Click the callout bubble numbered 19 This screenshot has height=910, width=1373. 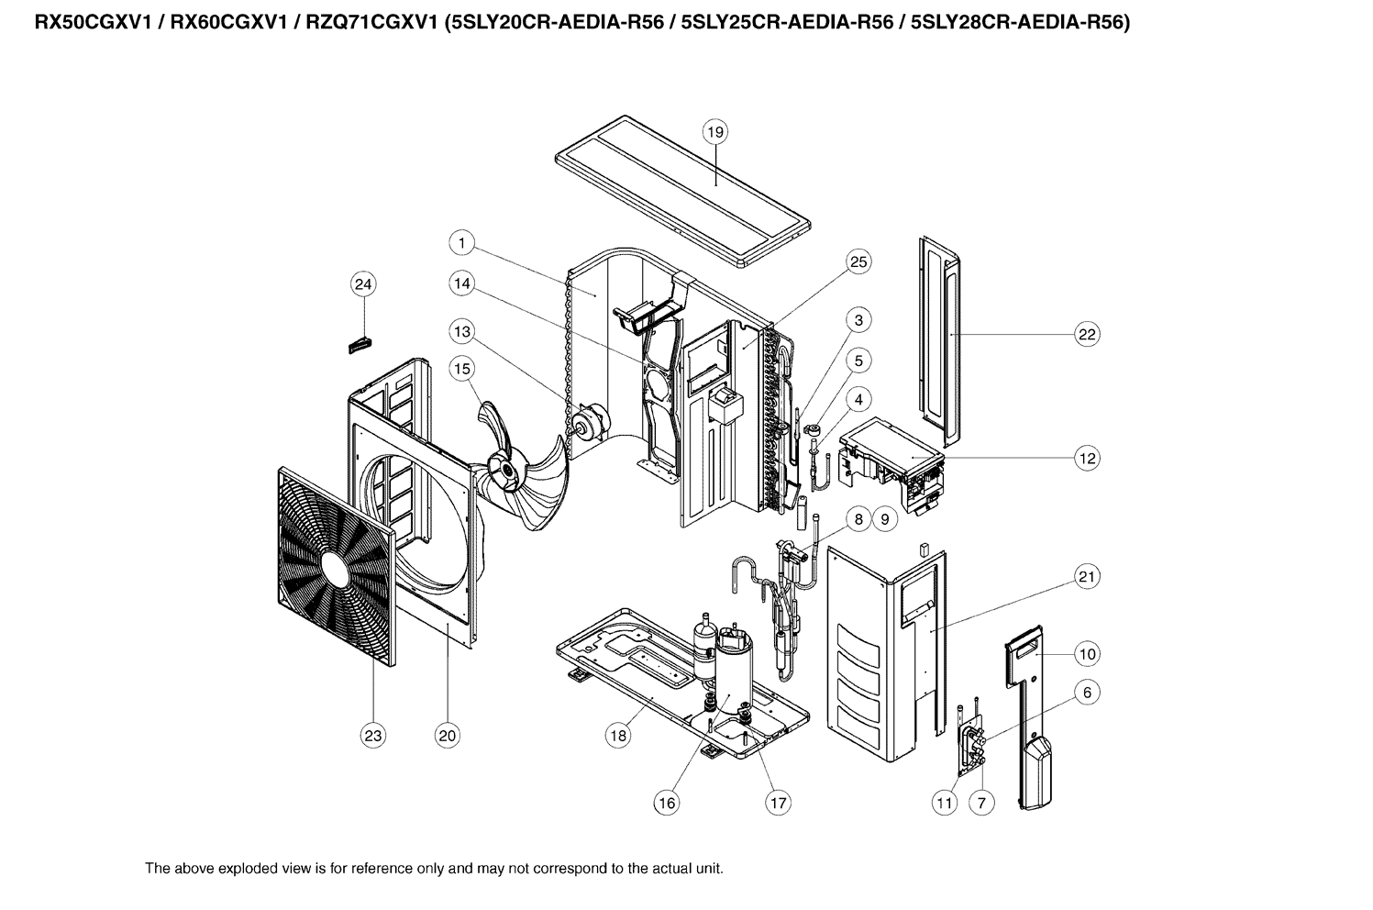[714, 132]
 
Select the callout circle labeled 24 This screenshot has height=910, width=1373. [363, 285]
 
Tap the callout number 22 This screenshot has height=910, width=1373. [1087, 335]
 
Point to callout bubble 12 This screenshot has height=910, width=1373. [1087, 458]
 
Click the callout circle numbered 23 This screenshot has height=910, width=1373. [373, 735]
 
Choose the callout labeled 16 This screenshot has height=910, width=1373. [666, 803]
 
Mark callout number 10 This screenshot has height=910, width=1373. [1087, 654]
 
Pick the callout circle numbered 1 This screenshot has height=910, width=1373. [462, 243]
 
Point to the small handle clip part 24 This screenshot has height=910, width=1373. [360, 344]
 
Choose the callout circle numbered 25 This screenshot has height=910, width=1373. [858, 262]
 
